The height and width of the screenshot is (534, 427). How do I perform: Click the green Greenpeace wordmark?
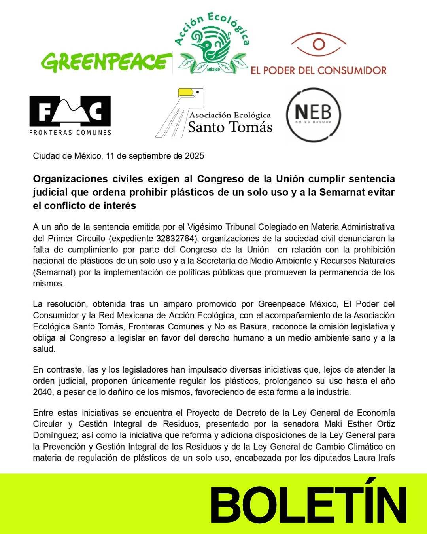104,62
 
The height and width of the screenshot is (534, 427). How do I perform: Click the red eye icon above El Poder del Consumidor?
319,44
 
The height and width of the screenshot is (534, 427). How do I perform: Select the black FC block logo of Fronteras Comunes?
70,111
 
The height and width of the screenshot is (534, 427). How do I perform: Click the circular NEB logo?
313,114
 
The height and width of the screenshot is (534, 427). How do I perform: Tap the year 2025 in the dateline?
195,156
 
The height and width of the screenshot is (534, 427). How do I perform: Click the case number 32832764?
178,239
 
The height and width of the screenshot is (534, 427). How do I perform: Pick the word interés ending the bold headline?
121,206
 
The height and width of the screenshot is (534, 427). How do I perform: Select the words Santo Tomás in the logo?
230,127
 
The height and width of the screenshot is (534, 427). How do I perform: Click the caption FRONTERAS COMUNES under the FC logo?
70,133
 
